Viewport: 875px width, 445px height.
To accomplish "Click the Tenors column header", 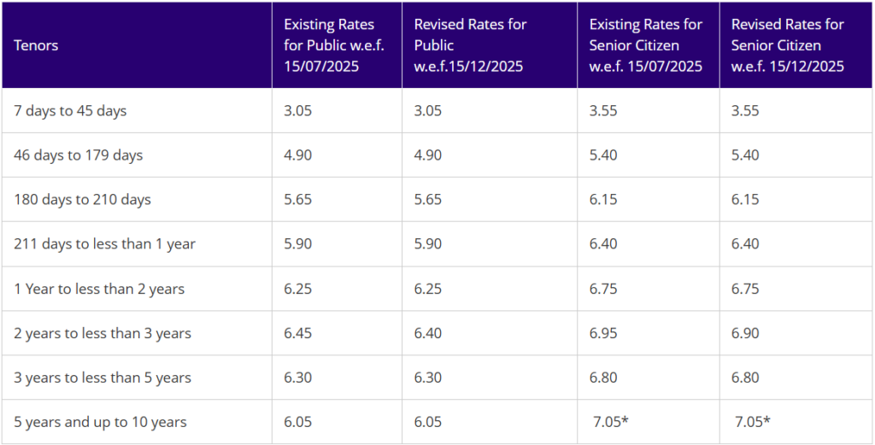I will [x=36, y=45].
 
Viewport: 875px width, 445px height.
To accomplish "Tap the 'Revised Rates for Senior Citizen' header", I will [x=788, y=45].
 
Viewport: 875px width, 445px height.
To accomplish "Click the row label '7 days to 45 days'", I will [x=70, y=110].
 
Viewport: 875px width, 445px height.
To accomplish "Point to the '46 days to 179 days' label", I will [x=79, y=155].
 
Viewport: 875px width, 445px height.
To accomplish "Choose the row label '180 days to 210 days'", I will [x=82, y=200].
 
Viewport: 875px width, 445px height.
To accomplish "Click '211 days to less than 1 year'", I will [x=104, y=244].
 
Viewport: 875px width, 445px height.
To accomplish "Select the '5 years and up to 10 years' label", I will [x=100, y=422].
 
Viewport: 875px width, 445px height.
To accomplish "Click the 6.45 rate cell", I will [x=298, y=333].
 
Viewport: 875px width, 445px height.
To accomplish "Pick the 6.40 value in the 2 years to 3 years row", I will [x=429, y=333].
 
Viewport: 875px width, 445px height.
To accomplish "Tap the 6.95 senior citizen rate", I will [x=603, y=333].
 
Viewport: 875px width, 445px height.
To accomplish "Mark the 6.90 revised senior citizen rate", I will [x=746, y=333].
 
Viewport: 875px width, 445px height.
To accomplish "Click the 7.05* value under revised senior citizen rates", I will [x=752, y=422].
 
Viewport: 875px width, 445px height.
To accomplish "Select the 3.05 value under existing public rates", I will [x=298, y=110].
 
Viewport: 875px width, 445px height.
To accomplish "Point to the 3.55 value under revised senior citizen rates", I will [x=746, y=110].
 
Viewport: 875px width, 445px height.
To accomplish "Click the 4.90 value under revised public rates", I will [x=429, y=155].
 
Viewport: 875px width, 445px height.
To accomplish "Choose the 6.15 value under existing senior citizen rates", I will [x=603, y=200].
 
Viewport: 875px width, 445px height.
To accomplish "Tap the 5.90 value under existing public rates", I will [x=298, y=244].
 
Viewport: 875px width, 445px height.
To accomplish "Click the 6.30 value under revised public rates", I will [x=429, y=378].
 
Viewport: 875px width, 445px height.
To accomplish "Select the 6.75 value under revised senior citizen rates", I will [x=746, y=289].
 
